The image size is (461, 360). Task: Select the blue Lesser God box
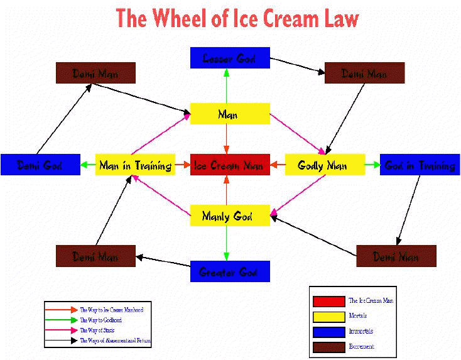click(229, 58)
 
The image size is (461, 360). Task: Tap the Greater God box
click(229, 271)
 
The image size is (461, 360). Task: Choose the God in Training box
click(420, 165)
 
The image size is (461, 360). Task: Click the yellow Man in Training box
click(135, 165)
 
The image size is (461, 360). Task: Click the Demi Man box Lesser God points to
click(364, 73)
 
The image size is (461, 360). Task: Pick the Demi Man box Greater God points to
click(95, 256)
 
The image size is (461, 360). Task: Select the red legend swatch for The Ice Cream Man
click(328, 301)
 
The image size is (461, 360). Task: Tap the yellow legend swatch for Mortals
click(328, 316)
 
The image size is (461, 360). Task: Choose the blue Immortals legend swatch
click(328, 331)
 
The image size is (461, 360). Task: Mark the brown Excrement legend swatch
click(328, 346)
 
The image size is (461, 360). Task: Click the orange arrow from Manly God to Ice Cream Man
click(227, 190)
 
